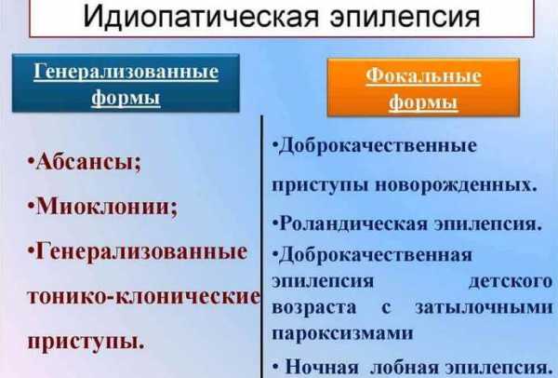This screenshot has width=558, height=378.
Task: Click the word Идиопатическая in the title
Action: click(200, 17)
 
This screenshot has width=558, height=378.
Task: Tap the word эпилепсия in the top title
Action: click(405, 17)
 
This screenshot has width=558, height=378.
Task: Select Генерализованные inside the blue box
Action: click(126, 72)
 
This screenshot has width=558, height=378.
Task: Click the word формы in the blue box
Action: click(126, 97)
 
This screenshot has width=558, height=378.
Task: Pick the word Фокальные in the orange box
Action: click(423, 76)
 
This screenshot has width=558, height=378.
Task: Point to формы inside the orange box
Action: click(423, 101)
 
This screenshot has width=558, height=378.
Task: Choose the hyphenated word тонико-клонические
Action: click(144, 295)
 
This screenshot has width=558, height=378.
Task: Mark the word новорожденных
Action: click(456, 185)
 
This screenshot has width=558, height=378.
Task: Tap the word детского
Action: click(511, 281)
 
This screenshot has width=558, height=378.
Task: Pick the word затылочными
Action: click(484, 307)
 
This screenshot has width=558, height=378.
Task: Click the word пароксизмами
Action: click(342, 333)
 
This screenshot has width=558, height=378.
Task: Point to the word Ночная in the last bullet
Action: click(322, 367)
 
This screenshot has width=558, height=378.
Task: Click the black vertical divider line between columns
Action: click(262, 247)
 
